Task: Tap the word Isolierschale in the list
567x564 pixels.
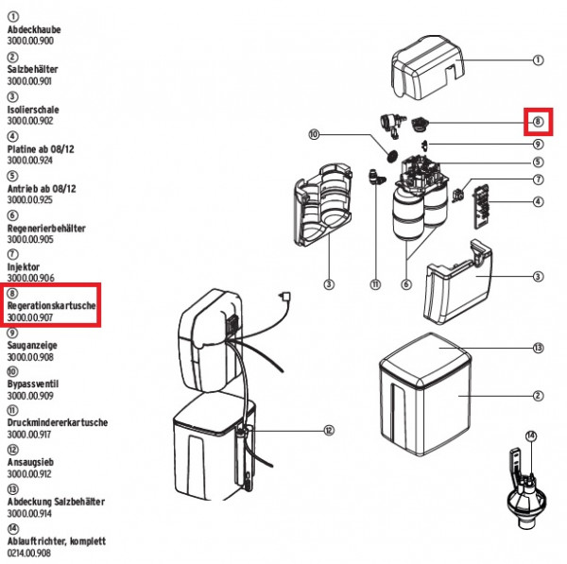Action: point(33,109)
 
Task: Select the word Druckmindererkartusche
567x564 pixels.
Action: point(57,423)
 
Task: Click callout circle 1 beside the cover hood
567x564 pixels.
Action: point(538,60)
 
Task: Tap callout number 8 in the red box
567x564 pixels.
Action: point(537,122)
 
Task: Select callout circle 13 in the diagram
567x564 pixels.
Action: point(538,348)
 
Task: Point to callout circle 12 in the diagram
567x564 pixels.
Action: point(329,431)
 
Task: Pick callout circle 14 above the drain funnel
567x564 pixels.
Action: point(531,436)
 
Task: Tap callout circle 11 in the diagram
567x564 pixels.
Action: point(374,284)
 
